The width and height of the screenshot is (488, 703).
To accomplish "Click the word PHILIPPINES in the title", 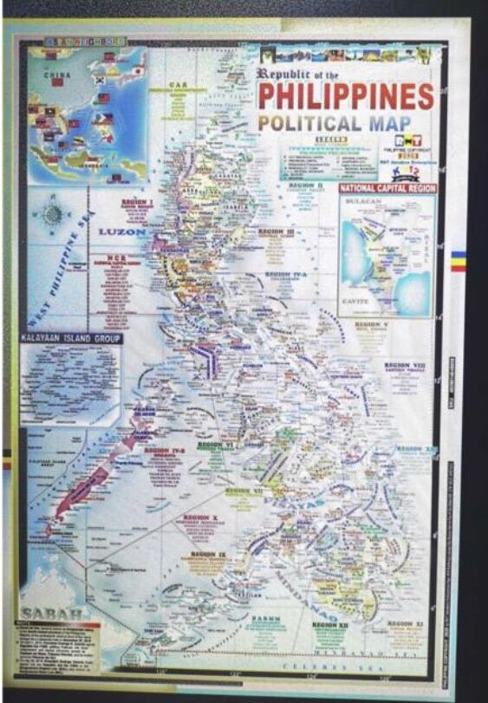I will click(346, 95).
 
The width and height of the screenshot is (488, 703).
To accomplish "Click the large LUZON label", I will click(122, 231).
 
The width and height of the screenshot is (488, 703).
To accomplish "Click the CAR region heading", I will click(178, 85).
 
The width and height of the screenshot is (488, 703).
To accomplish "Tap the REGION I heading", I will click(137, 202).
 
